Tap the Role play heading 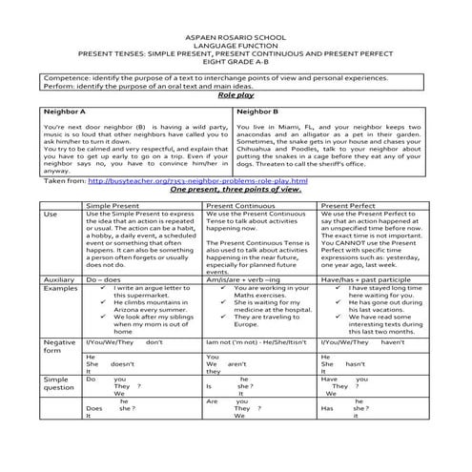coord(236,96)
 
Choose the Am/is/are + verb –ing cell coord(243,279)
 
